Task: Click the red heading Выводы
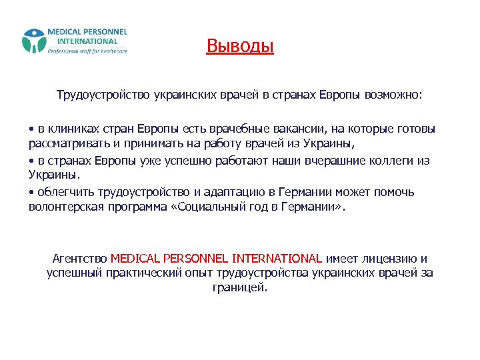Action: (240, 46)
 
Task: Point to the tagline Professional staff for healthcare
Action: (87, 51)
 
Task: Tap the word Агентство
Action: (79, 258)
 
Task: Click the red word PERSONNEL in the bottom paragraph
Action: (196, 258)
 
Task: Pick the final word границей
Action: (239, 287)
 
